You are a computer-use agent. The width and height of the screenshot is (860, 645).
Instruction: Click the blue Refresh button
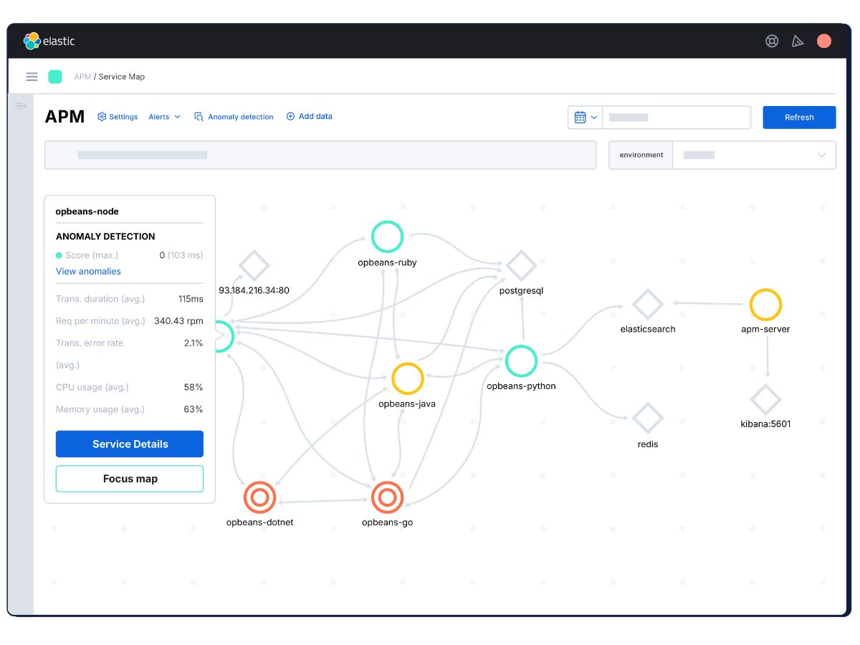coord(798,117)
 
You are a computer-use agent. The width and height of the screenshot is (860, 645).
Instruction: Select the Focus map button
coord(129,478)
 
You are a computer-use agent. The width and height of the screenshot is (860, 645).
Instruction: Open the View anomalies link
coord(88,271)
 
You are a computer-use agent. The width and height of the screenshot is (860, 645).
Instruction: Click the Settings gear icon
coord(102,116)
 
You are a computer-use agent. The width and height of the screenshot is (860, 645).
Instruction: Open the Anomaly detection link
coord(240,116)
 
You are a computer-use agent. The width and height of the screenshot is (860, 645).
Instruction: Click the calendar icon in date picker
coord(580,117)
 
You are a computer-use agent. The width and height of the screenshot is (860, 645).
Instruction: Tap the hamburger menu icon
coord(32,77)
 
